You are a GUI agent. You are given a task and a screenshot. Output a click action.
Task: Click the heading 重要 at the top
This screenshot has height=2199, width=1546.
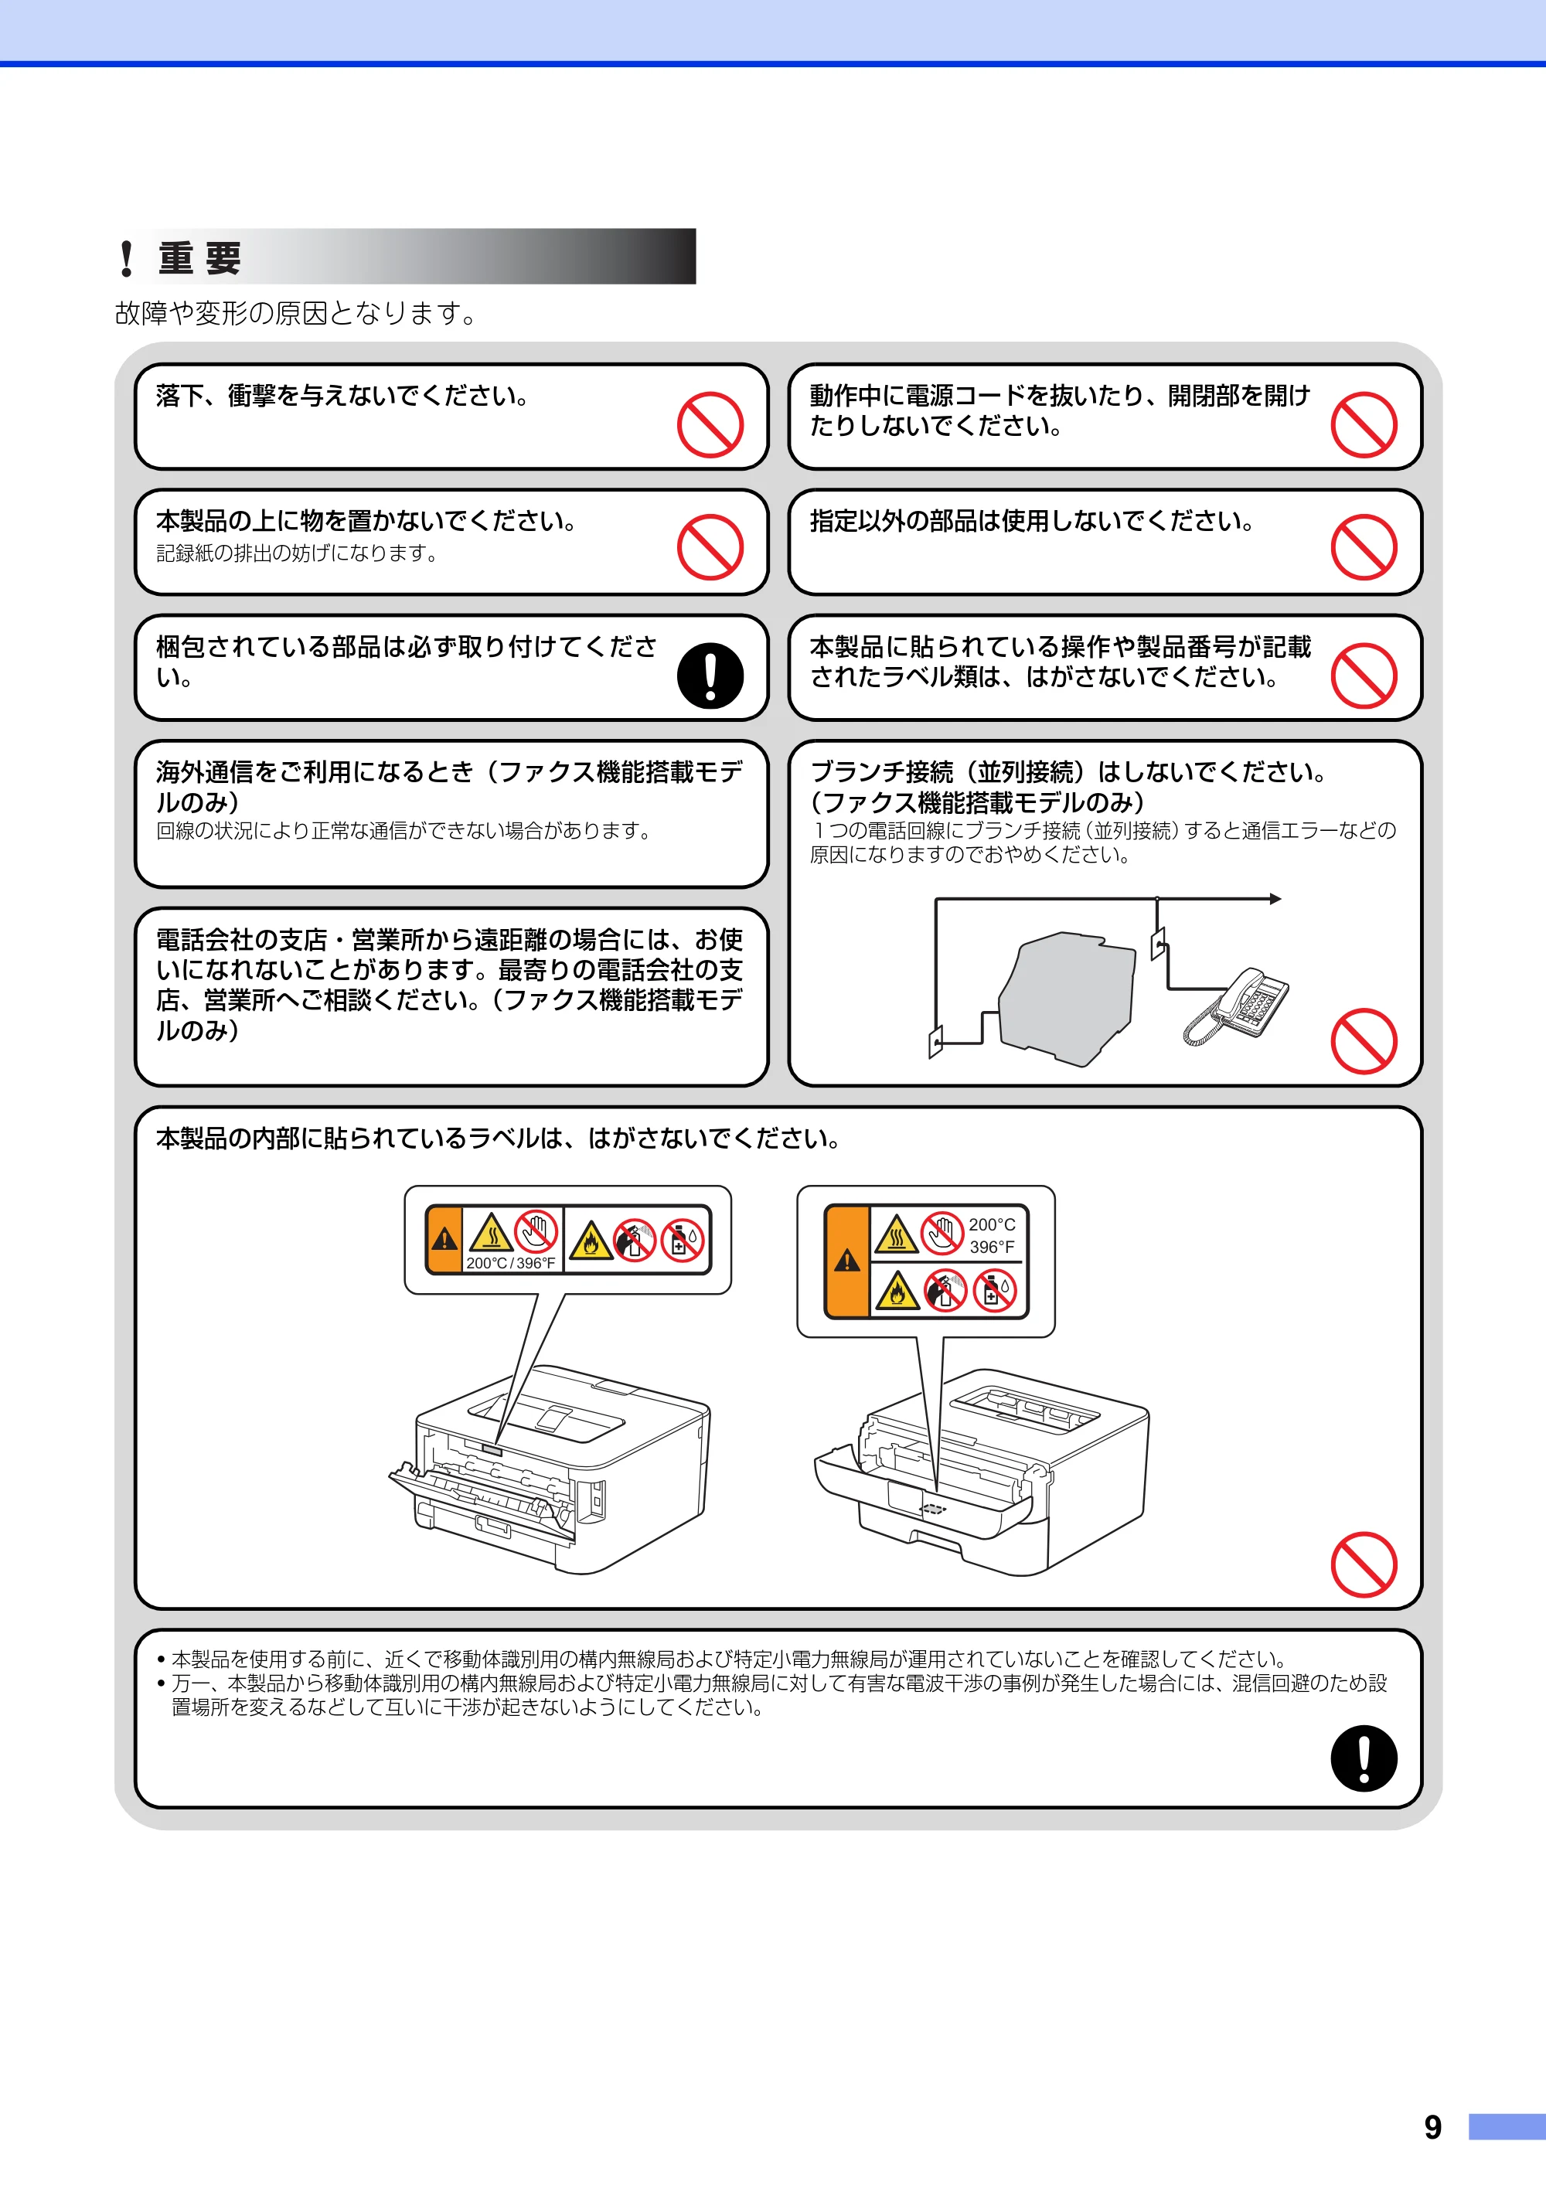click(199, 257)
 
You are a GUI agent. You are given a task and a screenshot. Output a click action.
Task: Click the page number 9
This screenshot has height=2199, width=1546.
click(1432, 2127)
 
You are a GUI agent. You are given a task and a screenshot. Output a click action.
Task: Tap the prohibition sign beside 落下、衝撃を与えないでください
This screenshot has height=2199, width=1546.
click(710, 424)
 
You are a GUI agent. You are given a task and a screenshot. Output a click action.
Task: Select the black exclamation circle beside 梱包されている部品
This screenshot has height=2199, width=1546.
click(710, 676)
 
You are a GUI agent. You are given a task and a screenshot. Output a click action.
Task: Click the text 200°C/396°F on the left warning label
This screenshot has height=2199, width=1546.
click(510, 1263)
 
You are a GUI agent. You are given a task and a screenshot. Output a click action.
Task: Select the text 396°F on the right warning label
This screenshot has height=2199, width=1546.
click(992, 1247)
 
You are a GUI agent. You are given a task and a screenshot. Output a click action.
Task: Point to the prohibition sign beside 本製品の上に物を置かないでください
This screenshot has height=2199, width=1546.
click(710, 547)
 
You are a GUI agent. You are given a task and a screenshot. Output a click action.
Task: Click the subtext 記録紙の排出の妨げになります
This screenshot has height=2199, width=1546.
click(297, 553)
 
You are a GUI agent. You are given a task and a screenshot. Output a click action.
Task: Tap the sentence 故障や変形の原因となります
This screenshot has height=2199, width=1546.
click(296, 313)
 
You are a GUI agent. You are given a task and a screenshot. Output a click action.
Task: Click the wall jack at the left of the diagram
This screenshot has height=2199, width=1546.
click(936, 1041)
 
